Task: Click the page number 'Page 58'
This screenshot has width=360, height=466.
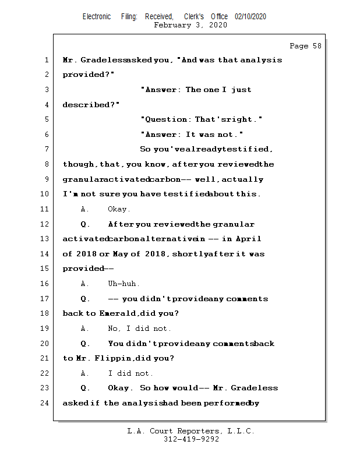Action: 305,46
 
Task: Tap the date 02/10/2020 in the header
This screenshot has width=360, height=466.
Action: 250,17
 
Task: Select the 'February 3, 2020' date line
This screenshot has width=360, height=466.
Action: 190,25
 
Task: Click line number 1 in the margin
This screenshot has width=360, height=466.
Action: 45,60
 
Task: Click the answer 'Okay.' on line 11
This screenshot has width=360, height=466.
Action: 119,209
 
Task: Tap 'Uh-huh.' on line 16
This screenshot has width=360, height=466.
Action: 123,284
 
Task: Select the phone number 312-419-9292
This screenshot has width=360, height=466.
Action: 191,439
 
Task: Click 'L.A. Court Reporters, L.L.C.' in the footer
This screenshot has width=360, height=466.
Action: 191,431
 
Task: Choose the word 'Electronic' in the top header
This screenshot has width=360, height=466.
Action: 97,17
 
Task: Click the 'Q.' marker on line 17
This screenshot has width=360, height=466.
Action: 85,299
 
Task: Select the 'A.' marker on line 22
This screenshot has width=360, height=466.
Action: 85,373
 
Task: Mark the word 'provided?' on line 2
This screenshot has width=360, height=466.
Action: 89,75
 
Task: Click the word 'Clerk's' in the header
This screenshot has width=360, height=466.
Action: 194,17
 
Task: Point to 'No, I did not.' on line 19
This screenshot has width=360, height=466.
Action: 140,329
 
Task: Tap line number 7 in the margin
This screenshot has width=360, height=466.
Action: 45,149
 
